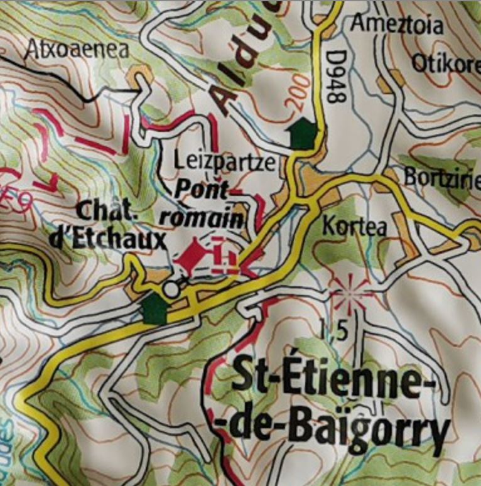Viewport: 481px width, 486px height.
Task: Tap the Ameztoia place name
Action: coord(397,25)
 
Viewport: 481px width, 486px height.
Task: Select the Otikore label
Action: coord(445,63)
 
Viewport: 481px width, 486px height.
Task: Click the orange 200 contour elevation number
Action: coord(300,92)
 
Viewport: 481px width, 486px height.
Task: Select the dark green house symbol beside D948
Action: coord(303,133)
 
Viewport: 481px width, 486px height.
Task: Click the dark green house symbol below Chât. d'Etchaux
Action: coord(154,310)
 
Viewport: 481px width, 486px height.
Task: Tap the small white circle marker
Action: coord(170,289)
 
